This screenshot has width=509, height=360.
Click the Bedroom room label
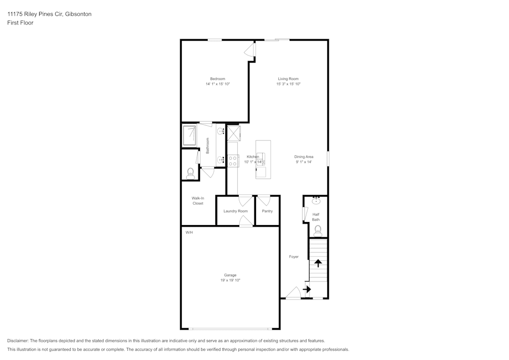tap(217, 79)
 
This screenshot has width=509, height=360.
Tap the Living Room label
tap(288, 79)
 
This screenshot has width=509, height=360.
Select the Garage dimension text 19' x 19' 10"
tap(230, 280)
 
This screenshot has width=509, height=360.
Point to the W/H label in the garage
tap(189, 232)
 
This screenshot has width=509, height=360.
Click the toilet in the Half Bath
tap(318, 231)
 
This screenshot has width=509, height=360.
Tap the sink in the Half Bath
tap(316, 201)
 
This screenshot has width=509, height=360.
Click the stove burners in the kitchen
tap(233, 161)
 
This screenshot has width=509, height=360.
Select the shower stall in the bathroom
tap(189, 135)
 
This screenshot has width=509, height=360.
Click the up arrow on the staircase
tap(318, 263)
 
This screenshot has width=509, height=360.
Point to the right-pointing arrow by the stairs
tap(307, 289)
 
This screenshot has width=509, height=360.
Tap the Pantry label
tap(267, 211)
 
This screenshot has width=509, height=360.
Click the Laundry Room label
tap(235, 211)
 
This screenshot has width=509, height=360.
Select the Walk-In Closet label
tap(197, 201)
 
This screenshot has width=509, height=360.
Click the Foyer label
tap(294, 257)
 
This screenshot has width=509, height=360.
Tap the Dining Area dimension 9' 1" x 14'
tap(304, 161)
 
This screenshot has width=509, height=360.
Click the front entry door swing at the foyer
tap(294, 292)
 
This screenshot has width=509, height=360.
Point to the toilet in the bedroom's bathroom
tap(190, 174)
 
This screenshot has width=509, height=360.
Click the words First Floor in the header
tap(20, 23)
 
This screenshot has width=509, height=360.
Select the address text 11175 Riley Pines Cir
tap(36, 14)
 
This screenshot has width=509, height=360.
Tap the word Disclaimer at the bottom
tap(18, 341)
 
